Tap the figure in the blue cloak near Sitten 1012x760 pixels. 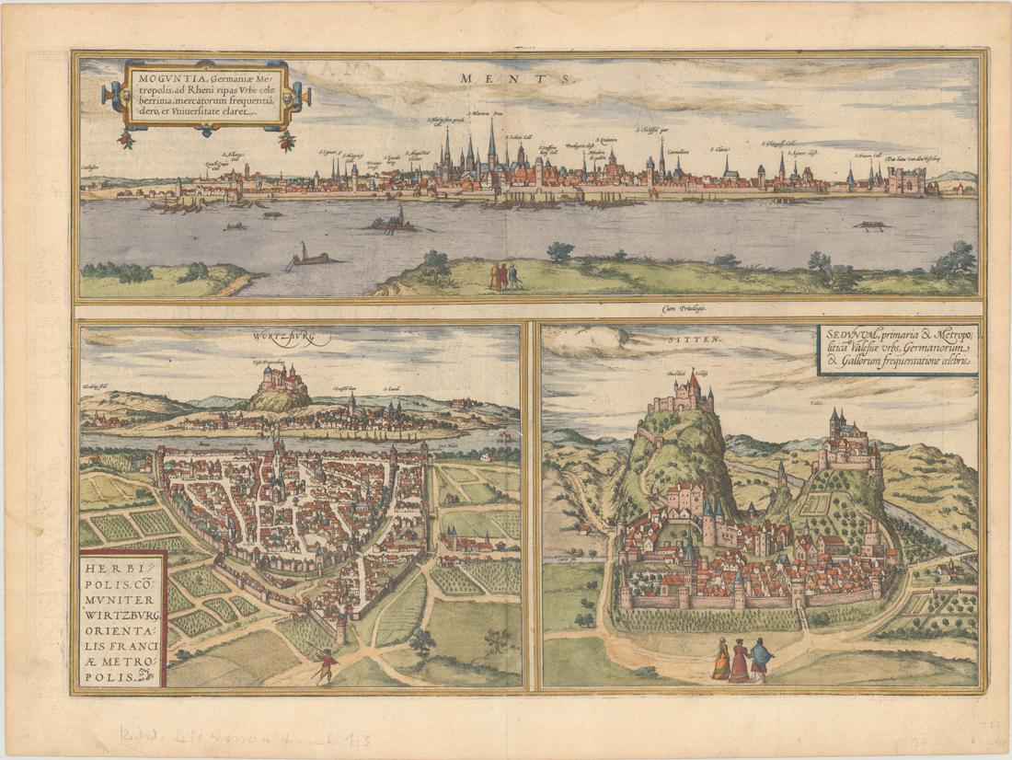tap(761, 659)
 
